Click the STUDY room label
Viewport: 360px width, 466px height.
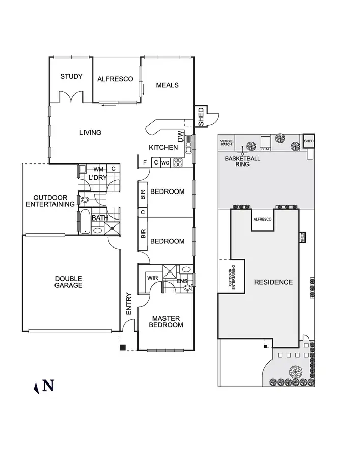click(71, 77)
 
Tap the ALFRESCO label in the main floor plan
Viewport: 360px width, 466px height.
click(115, 79)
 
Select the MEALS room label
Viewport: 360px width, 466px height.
click(167, 85)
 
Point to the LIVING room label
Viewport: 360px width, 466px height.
click(90, 133)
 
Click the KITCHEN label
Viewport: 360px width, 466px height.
click(163, 148)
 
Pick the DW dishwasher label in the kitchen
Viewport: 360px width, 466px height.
click(180, 136)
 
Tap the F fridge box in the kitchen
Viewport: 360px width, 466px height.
click(145, 163)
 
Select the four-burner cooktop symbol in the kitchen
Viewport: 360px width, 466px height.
click(178, 163)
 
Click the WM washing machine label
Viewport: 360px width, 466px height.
click(98, 169)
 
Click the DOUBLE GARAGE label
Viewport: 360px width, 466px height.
click(69, 282)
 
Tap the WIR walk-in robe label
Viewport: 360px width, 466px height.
click(152, 278)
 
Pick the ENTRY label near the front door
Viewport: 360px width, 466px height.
click(128, 304)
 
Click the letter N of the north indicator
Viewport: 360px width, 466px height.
click(48, 386)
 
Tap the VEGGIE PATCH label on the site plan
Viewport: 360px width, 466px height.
click(226, 143)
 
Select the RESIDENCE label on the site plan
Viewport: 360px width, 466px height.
click(273, 282)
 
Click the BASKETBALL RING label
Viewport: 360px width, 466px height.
click(243, 161)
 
